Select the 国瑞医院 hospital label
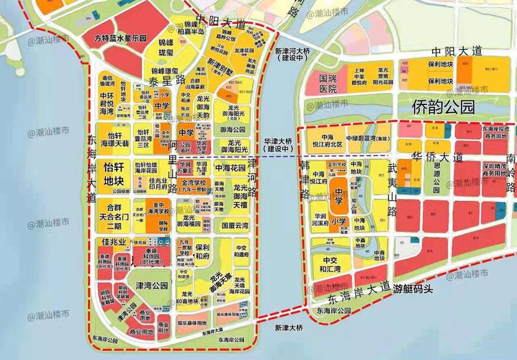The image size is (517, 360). [328, 84]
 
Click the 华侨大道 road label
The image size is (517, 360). [435, 154]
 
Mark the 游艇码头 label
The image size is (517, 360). [415, 289]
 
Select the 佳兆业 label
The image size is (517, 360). [114, 241]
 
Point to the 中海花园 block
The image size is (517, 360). [230, 168]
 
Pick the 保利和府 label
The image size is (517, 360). [201, 252]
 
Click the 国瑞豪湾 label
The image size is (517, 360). [235, 225]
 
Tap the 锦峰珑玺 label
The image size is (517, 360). [166, 48]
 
